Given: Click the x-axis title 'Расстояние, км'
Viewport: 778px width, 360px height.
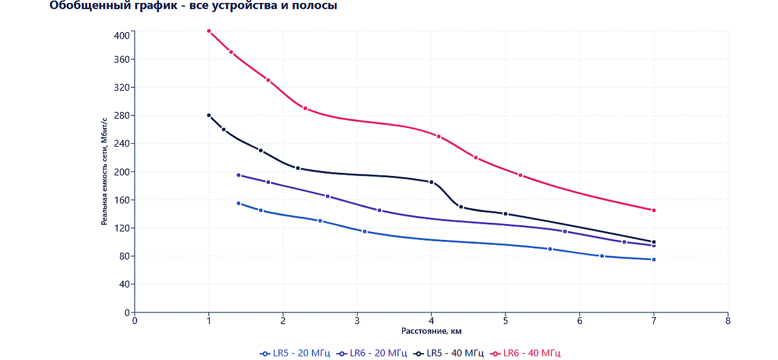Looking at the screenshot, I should pos(431,331).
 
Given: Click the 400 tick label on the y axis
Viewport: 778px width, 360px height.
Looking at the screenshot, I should pos(122,35).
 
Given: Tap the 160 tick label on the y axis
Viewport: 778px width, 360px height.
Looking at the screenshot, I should pos(122,200).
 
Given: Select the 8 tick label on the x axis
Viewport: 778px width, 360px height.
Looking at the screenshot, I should pos(728,321).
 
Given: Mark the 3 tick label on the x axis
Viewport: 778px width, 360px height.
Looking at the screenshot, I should pos(357,321).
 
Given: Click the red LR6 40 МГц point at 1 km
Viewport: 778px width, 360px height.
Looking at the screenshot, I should pos(209,30).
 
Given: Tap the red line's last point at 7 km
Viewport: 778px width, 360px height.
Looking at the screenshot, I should pos(654,210).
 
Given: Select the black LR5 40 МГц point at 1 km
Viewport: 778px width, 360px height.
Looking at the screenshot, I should pos(209,115).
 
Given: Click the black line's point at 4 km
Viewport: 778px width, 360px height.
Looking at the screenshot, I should pos(431,182).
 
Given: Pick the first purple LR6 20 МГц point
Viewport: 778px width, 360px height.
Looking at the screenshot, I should pos(238,175).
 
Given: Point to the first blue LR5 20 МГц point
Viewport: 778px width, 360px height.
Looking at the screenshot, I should pos(238,203).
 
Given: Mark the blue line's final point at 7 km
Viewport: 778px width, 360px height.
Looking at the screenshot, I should pos(654,259).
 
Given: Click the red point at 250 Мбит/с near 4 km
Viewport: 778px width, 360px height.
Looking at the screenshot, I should pos(439,136).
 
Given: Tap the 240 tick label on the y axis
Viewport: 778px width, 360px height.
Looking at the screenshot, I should pos(122,144).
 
